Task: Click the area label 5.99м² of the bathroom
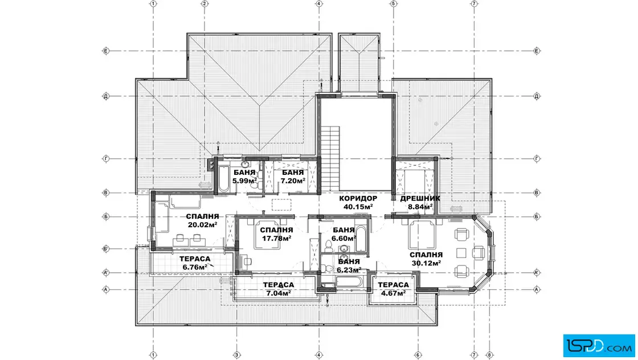point(244,181)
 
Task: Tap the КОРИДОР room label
point(358,198)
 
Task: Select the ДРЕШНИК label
point(420,198)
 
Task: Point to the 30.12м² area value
point(426,263)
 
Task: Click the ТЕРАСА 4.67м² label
point(394,289)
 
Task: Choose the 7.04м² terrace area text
point(279,293)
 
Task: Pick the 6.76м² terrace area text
point(195,267)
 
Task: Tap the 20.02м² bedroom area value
point(202,224)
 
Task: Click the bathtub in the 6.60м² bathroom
point(361,238)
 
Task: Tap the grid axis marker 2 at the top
point(205,3)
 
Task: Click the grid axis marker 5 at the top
point(393,3)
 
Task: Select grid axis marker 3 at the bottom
point(236,355)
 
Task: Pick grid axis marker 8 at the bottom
point(489,355)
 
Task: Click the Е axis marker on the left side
point(106,51)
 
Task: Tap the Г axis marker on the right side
point(537,159)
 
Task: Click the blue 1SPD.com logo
point(599,346)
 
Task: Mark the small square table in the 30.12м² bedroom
point(461,253)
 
